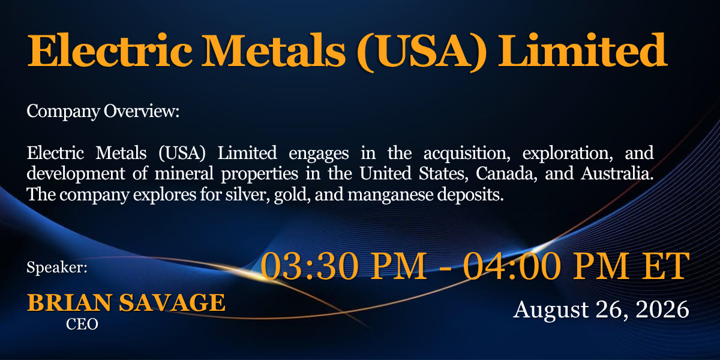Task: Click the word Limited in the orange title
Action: [x=582, y=50]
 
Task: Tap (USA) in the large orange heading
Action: [x=422, y=52]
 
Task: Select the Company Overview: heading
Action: [x=103, y=112]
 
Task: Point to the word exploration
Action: [x=568, y=154]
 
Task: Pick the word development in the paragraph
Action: [x=76, y=174]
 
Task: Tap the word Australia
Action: [x=617, y=173]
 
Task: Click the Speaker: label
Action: [x=57, y=268]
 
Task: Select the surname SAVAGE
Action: [x=172, y=303]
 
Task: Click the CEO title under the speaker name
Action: [x=82, y=325]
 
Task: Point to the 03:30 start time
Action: [x=309, y=266]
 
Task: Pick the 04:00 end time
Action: [x=512, y=266]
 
